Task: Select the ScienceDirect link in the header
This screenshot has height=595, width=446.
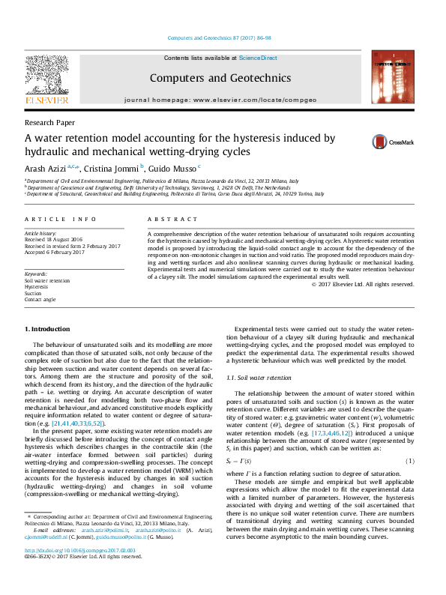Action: [258, 58]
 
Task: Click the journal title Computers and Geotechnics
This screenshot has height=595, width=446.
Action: [220, 78]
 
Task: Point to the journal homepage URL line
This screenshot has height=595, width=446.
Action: [220, 99]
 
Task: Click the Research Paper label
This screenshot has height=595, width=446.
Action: [49, 121]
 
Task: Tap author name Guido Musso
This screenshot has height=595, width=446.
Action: [171, 168]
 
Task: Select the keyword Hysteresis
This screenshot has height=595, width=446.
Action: [36, 287]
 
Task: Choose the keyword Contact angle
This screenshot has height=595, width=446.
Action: [40, 299]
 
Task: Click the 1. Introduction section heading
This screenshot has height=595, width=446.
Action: [49, 329]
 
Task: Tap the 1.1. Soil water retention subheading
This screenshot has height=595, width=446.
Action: [259, 378]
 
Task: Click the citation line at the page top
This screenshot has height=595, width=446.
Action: [223, 37]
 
